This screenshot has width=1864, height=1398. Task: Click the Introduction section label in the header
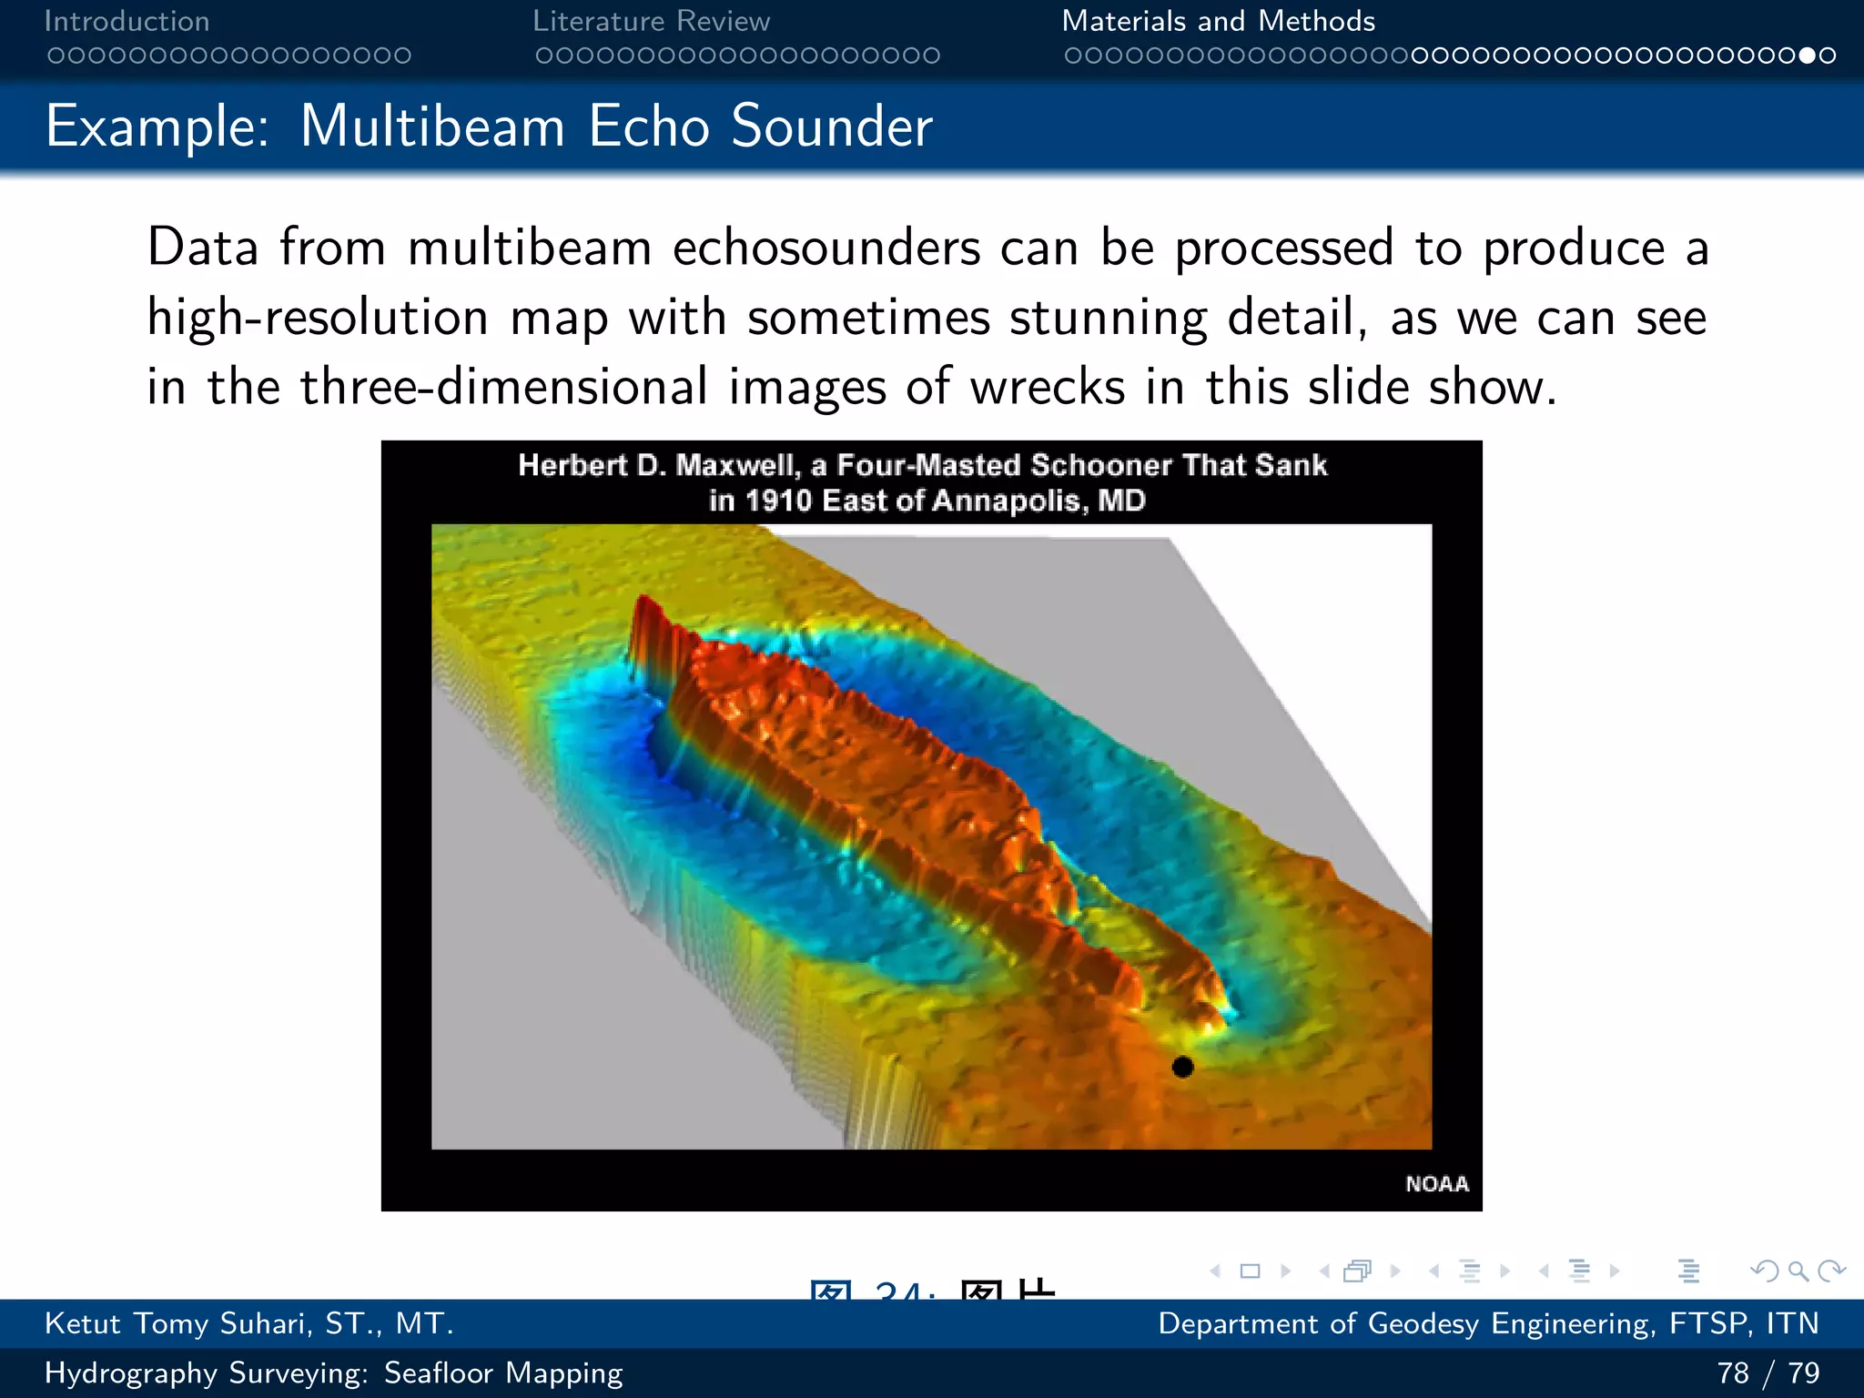click(x=127, y=21)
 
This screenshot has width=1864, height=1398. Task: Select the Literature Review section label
click(x=651, y=21)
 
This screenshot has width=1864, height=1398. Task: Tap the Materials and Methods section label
click(x=1218, y=21)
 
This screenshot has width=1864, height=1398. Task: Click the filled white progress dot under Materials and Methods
click(x=1808, y=56)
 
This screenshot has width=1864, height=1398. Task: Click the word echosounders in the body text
click(x=826, y=248)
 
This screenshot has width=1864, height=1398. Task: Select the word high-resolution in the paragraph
click(x=318, y=318)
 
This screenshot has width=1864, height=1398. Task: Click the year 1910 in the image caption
click(x=777, y=501)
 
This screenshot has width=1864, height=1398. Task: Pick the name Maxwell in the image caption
click(x=736, y=465)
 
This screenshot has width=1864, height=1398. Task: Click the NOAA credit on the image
click(x=1436, y=1183)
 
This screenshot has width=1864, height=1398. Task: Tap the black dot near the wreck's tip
click(x=1182, y=1067)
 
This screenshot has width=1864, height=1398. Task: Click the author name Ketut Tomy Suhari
click(x=248, y=1323)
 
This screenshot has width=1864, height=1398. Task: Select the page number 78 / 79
click(x=1768, y=1373)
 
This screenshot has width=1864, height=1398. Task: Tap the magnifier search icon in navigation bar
click(x=1798, y=1271)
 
